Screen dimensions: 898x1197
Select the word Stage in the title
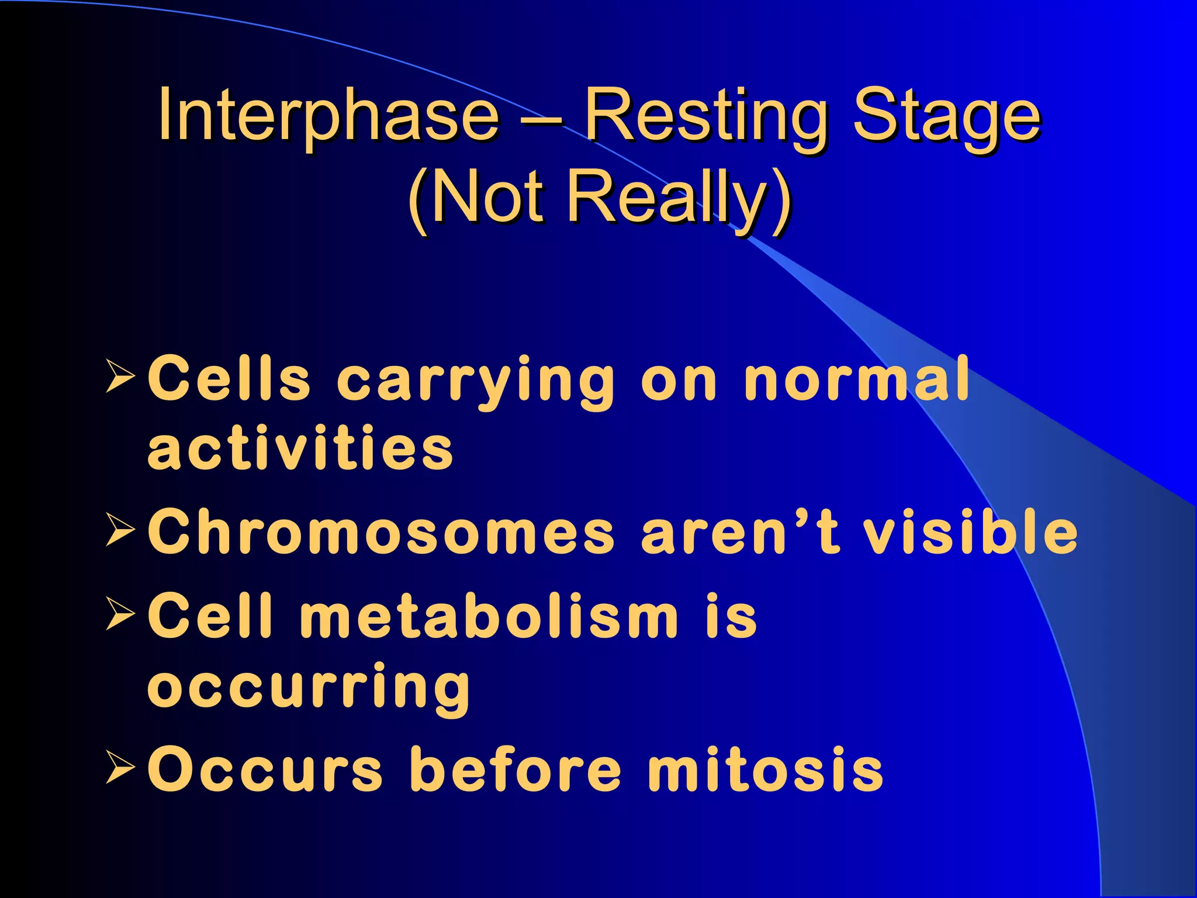click(946, 116)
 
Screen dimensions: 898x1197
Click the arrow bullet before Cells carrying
click(120, 377)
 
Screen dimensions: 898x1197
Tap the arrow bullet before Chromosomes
click(120, 530)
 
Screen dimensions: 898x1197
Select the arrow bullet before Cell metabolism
click(120, 614)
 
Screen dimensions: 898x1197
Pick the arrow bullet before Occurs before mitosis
click(120, 768)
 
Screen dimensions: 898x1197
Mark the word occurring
click(308, 687)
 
